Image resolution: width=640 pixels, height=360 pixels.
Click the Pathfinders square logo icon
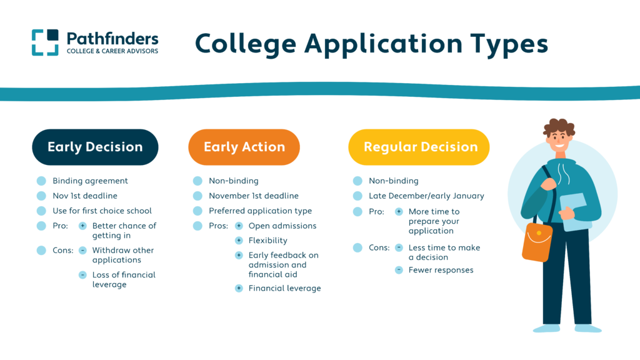click(x=45, y=42)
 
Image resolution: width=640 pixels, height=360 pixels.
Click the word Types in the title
click(x=509, y=44)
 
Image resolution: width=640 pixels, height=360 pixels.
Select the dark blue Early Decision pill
click(x=95, y=147)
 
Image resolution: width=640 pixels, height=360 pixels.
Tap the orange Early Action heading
click(x=244, y=147)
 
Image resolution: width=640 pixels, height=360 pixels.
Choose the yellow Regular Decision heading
click(x=419, y=147)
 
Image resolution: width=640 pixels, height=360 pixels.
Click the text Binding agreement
click(x=90, y=181)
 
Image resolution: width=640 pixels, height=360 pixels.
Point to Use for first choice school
click(x=102, y=211)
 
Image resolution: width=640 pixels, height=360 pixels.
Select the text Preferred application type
click(x=261, y=211)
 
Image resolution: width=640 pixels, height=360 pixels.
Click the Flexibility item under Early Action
click(x=267, y=241)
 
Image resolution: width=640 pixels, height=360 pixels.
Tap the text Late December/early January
click(x=426, y=196)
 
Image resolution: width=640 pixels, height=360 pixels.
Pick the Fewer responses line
click(x=441, y=270)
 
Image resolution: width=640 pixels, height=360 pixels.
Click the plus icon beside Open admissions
click(x=239, y=226)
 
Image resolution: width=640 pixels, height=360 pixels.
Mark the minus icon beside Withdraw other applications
click(x=82, y=250)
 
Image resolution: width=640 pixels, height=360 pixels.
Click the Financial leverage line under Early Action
click(x=284, y=288)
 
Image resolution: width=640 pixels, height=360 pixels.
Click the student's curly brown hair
click(x=559, y=126)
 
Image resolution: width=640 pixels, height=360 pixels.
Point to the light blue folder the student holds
click(x=576, y=212)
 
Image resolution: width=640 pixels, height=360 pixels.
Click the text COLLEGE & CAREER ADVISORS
click(x=112, y=51)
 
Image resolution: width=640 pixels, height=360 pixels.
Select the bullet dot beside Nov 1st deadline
click(x=41, y=196)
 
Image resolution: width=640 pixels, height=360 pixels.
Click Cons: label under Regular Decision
click(x=379, y=247)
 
